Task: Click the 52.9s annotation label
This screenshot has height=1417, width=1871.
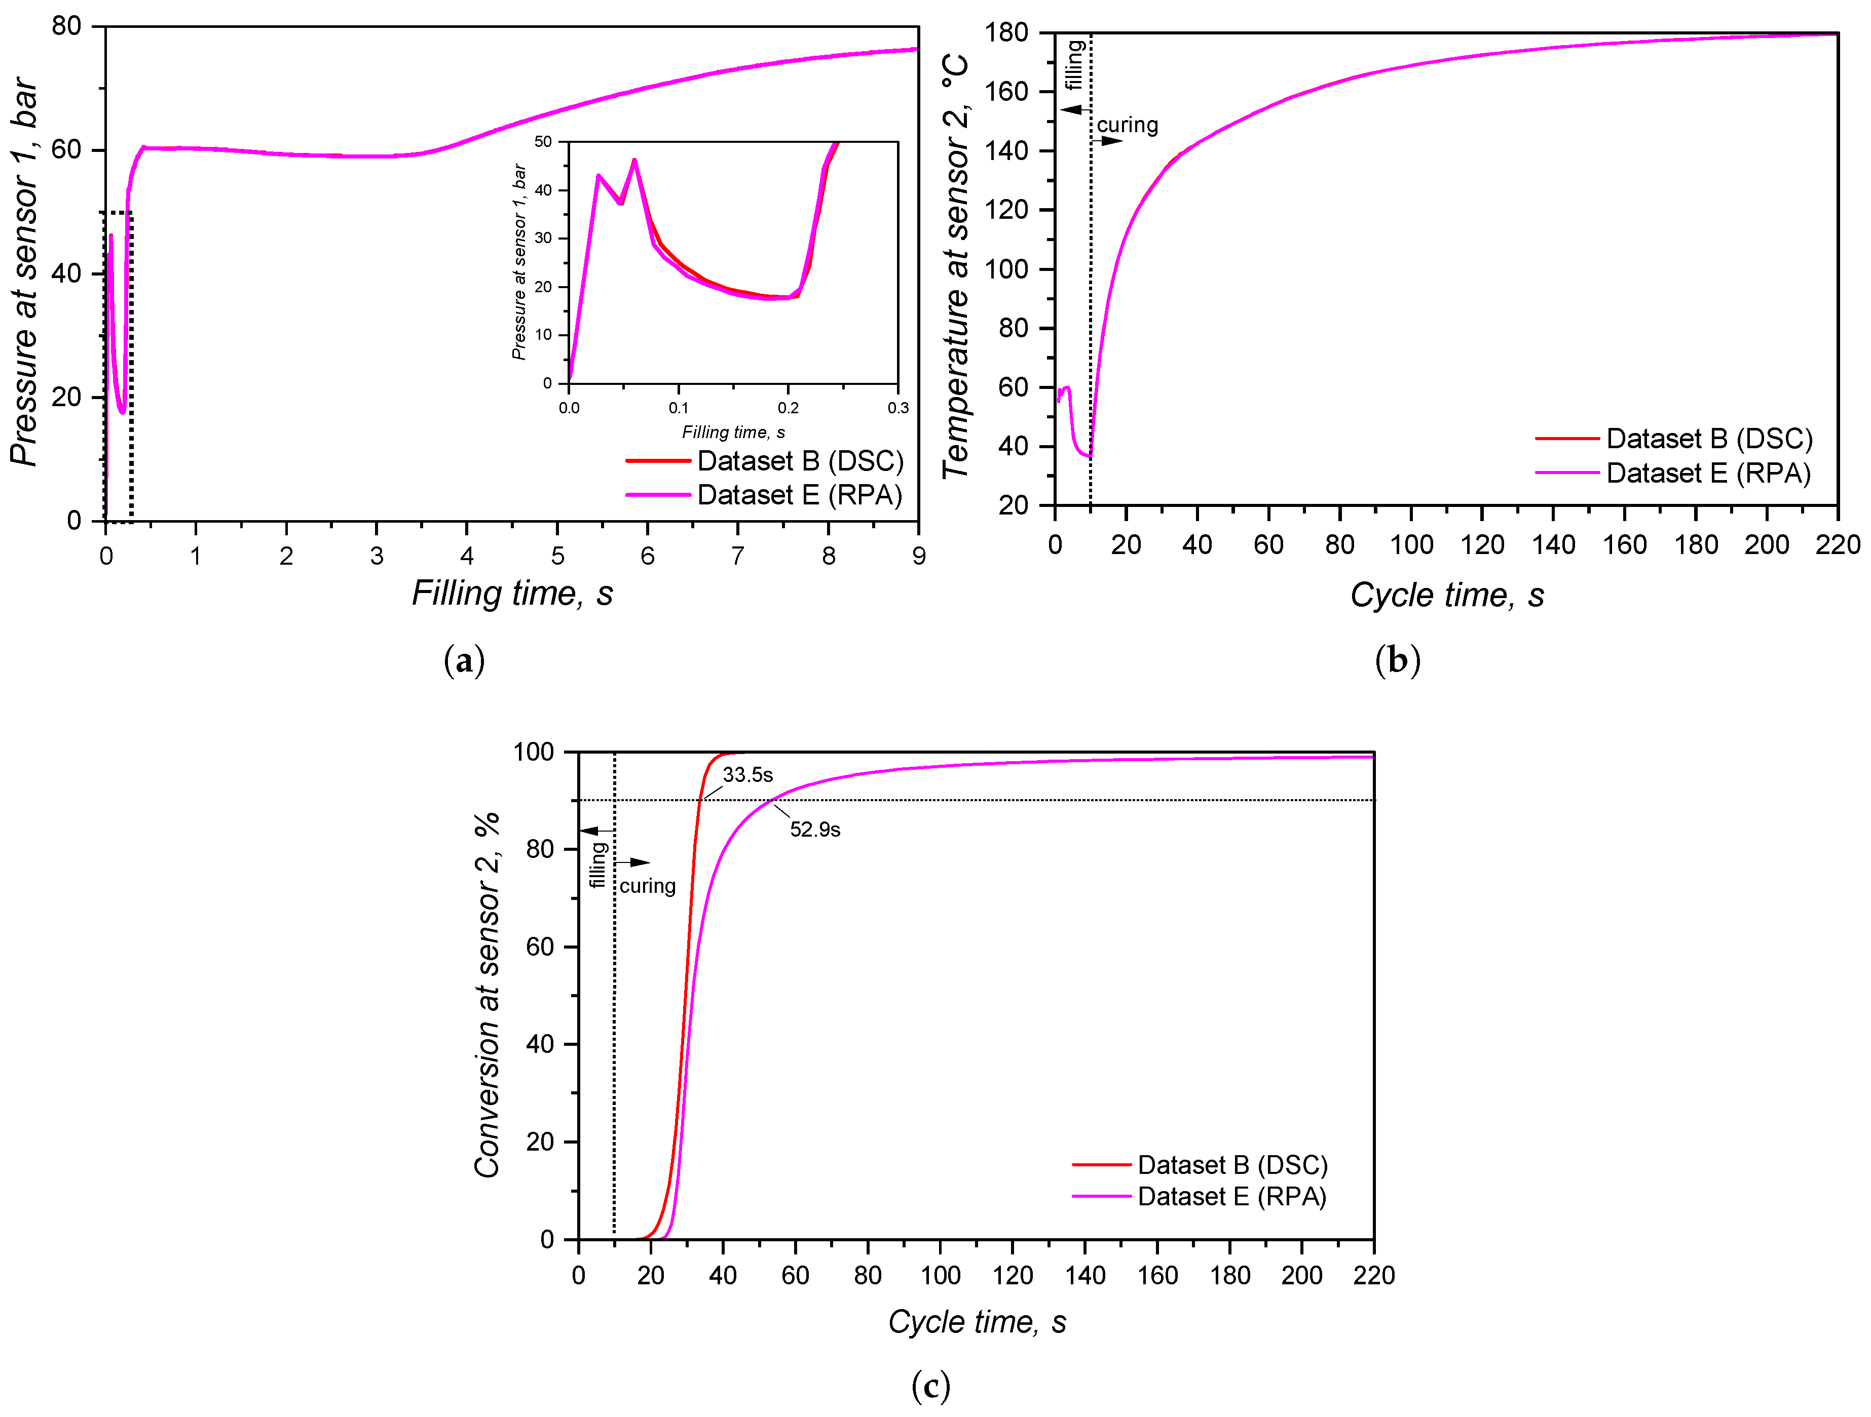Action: pos(814,830)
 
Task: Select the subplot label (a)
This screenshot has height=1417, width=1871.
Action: pos(464,660)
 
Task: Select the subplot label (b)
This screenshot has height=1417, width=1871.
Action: pos(1397,660)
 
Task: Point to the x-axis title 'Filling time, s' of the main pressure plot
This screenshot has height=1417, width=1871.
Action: pos(512,594)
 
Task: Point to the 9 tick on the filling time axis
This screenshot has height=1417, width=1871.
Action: pos(919,556)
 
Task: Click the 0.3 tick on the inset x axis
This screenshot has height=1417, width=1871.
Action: pos(897,408)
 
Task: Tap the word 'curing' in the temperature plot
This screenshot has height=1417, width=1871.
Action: pos(1128,125)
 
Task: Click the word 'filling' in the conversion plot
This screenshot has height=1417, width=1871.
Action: pos(598,864)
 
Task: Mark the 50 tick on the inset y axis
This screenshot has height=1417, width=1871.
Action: pos(543,142)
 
